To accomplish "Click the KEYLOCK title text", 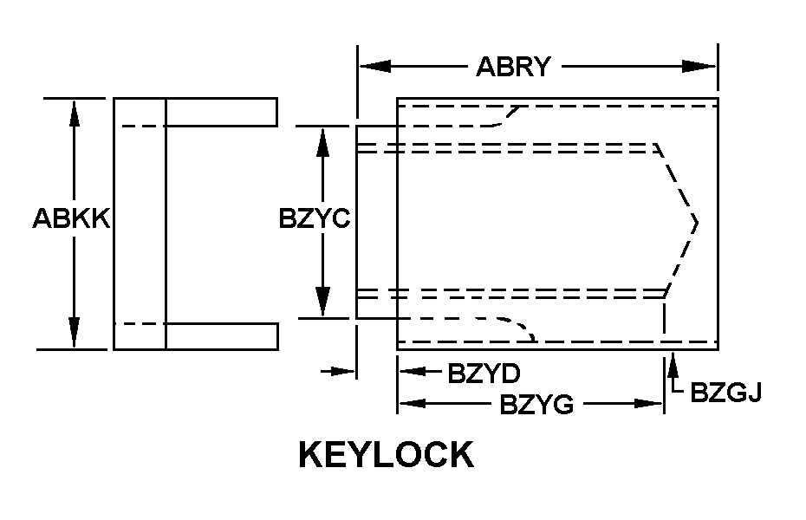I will (386, 454).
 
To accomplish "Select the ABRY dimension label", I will (513, 67).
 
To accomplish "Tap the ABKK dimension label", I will (70, 218).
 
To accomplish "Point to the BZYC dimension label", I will (314, 218).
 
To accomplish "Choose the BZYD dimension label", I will (483, 374).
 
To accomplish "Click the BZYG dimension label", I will (536, 404).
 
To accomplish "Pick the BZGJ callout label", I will (725, 393).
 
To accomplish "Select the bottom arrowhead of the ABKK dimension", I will (75, 333).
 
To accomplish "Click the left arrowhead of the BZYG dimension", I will (413, 403).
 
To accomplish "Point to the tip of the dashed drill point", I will (696, 222).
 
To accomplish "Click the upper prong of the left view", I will (221, 112).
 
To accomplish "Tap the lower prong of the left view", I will (221, 335).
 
